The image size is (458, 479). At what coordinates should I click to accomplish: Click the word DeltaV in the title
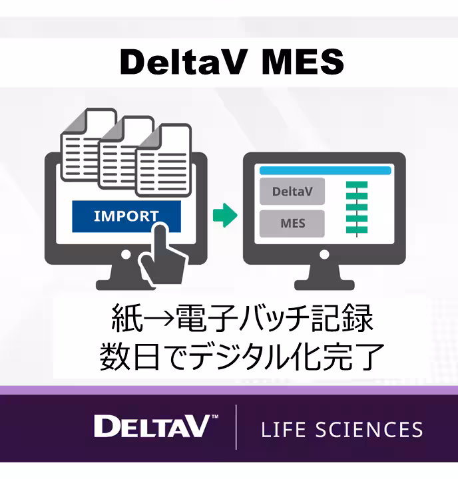coord(183,62)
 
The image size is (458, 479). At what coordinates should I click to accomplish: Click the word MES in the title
coord(304,62)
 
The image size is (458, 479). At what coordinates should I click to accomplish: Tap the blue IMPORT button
coord(126,216)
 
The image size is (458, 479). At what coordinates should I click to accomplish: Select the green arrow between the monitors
coord(225,215)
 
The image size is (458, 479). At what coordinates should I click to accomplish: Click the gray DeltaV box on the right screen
coord(292,192)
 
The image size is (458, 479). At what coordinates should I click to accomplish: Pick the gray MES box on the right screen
coord(292,224)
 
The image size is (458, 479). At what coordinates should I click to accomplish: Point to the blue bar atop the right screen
coord(326,170)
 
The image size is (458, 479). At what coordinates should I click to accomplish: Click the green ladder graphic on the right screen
coord(357,209)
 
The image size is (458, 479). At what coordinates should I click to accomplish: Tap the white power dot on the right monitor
coord(324,254)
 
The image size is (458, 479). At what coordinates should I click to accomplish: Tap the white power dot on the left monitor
coord(126,254)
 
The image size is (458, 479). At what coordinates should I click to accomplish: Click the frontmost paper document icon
coord(164,160)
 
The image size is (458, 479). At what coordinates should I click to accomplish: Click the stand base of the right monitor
coord(324,285)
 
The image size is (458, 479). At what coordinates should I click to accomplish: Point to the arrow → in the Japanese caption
coord(159,318)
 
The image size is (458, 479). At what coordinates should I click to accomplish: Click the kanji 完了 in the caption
coord(352,356)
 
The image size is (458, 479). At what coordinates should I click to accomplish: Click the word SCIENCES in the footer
coord(369,429)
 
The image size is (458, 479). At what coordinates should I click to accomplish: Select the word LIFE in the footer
coord(284,429)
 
